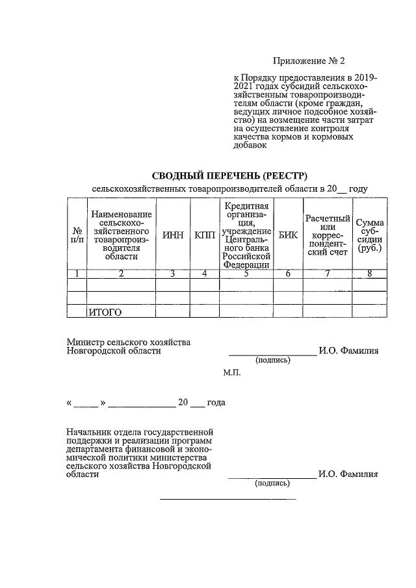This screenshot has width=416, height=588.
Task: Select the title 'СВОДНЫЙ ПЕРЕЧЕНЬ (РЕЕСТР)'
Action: coord(229,175)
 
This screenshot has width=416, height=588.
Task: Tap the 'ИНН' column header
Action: coord(172,235)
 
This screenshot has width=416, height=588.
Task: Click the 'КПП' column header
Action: coord(204,235)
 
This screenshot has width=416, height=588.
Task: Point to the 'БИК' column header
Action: coord(287,235)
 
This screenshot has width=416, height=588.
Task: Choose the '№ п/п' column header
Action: coord(77,235)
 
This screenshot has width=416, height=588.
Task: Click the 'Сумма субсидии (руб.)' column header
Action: coord(369,235)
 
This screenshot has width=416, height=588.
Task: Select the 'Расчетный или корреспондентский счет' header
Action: coord(328,235)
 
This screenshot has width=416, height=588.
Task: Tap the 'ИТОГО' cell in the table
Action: coord(105,313)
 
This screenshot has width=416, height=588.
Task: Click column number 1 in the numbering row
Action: coord(77,274)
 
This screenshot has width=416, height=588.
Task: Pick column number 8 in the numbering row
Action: coord(369,274)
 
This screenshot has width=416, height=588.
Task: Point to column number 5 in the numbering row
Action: coord(246,274)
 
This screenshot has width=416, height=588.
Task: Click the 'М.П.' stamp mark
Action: coord(231,374)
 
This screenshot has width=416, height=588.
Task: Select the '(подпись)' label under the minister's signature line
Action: coord(272,359)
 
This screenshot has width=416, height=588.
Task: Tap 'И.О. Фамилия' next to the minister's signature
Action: coord(348,351)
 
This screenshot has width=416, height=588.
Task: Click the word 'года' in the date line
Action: coord(216,403)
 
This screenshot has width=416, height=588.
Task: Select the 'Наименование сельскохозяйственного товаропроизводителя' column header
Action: coord(122,235)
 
